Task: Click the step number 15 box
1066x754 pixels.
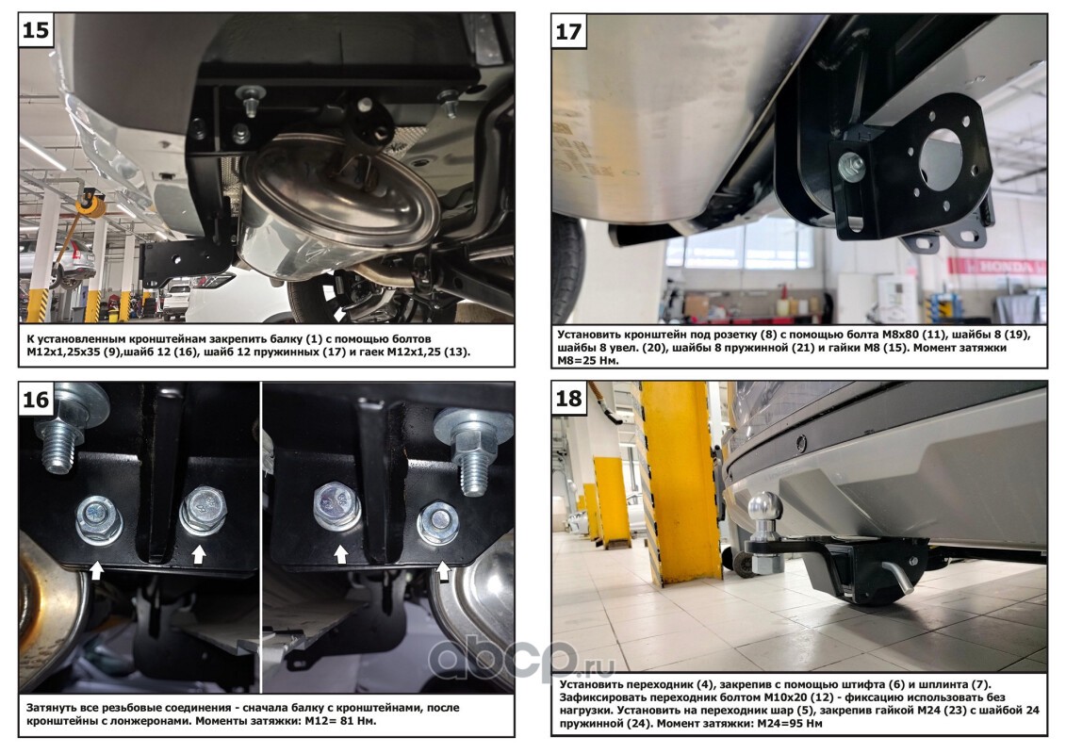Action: (x=36, y=30)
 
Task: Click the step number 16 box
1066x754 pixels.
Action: (x=36, y=399)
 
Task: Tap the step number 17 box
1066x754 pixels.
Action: (x=569, y=30)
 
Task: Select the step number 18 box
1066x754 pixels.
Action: (x=569, y=399)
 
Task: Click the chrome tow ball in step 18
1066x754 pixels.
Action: (x=764, y=511)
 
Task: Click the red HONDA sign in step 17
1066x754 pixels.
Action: (x=997, y=266)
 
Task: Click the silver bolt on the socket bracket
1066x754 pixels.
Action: (x=851, y=167)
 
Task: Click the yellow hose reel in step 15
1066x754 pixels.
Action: (x=91, y=203)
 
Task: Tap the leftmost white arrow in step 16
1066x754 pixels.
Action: (x=96, y=569)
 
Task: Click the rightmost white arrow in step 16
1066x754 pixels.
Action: (x=443, y=570)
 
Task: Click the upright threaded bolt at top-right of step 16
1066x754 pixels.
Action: (x=472, y=449)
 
